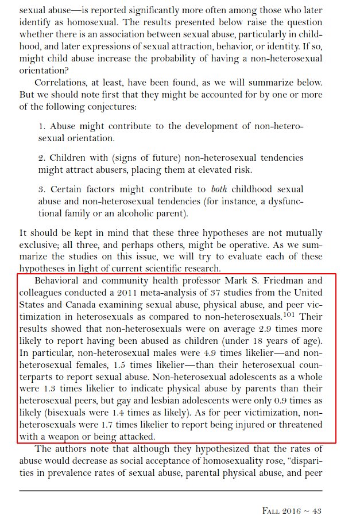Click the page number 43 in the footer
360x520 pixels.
pyautogui.click(x=317, y=510)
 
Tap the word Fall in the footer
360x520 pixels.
pyautogui.click(x=272, y=510)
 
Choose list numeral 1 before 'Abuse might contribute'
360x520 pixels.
pyautogui.click(x=41, y=126)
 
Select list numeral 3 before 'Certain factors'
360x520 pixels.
pyautogui.click(x=41, y=189)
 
